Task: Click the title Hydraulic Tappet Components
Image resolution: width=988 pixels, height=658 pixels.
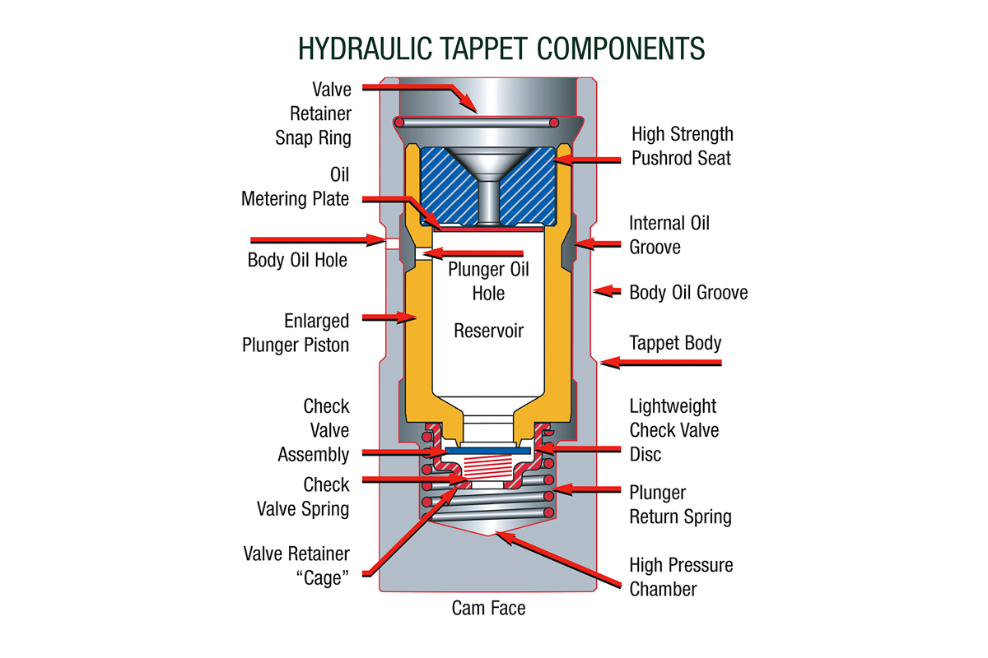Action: (x=501, y=49)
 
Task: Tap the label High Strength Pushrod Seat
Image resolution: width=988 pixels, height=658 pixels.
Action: (x=682, y=146)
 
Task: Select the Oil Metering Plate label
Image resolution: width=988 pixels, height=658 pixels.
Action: (x=296, y=187)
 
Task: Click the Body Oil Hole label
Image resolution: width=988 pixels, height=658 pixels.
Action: (x=297, y=260)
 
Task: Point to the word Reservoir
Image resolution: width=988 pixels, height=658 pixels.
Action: (x=488, y=331)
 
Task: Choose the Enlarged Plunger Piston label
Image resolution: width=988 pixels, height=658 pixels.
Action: (x=296, y=332)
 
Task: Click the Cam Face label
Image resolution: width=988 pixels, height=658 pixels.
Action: (x=488, y=609)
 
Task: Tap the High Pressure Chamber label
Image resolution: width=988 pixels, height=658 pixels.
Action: (x=681, y=577)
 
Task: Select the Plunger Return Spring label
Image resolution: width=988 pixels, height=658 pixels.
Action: (x=680, y=505)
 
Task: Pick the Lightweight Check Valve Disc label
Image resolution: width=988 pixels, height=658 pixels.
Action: (x=673, y=429)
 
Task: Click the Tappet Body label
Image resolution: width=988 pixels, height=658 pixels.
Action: (x=675, y=342)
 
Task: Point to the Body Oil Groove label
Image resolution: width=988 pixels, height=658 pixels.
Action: (x=688, y=292)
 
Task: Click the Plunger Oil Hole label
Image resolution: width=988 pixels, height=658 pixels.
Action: (x=488, y=280)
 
